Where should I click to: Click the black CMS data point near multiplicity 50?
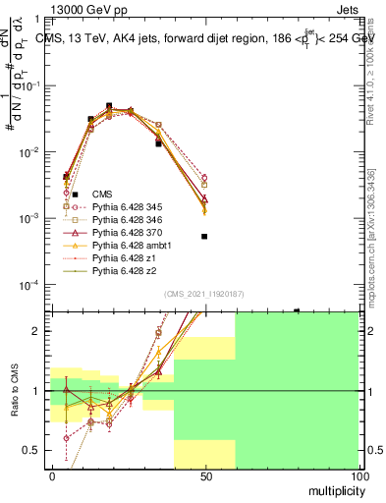coord(204,237)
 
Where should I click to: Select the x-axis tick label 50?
coord(204,475)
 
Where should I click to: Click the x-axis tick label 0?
coord(51,475)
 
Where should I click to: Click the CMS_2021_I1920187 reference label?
coord(203,294)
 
